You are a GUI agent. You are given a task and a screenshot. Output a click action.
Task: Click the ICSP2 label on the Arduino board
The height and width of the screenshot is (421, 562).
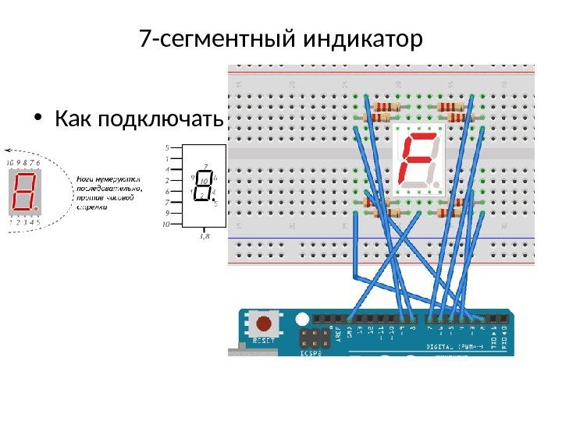coord(308,352)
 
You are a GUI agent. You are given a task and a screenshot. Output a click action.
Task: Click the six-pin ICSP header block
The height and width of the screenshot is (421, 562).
coord(312,337)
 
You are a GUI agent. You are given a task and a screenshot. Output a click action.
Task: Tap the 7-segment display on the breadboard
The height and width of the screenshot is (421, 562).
coord(420,160)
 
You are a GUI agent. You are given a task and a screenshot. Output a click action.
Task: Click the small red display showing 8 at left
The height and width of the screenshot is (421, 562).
coord(25,193)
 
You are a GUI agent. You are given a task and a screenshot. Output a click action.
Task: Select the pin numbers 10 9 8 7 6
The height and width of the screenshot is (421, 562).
coord(23,163)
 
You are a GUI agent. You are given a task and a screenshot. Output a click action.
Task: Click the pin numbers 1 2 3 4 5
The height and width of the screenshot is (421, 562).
coord(23,221)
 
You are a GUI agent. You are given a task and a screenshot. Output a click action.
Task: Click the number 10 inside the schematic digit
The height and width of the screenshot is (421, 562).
coord(203,180)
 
